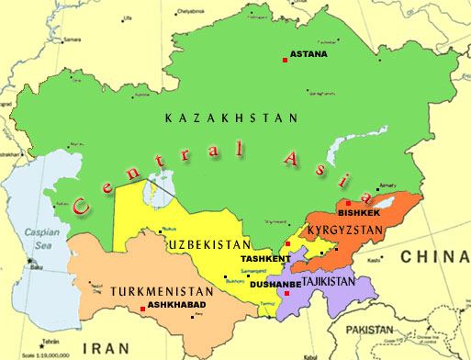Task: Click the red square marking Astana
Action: point(285,61)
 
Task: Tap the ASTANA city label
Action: point(308,54)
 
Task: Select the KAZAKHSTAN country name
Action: point(231,118)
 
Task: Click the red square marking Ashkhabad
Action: point(140,309)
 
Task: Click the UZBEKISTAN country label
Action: point(209,245)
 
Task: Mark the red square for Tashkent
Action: point(288,243)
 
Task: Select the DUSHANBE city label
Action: point(275,284)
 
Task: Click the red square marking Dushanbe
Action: point(286,293)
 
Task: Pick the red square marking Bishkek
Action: point(347,203)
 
